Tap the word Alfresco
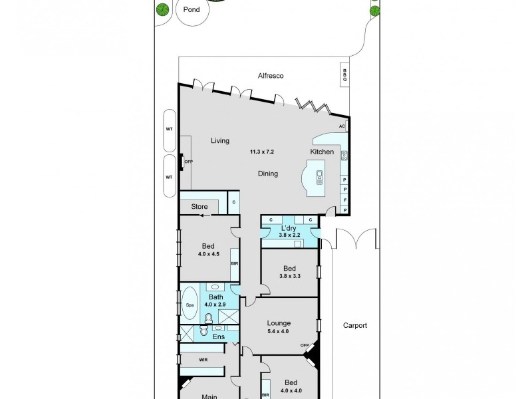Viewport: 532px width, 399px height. (x=271, y=76)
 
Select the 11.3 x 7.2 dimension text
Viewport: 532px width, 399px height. (x=261, y=152)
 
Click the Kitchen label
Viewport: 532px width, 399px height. (x=322, y=152)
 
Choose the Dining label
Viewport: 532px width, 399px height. (x=268, y=174)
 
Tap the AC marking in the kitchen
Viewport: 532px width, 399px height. (x=342, y=126)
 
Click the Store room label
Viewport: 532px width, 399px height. (x=199, y=207)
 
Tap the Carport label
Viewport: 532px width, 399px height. (x=355, y=326)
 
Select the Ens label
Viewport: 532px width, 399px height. (x=218, y=336)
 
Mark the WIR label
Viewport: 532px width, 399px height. (x=203, y=359)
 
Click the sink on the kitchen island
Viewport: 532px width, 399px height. (x=319, y=176)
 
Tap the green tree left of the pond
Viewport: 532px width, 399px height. (x=161, y=9)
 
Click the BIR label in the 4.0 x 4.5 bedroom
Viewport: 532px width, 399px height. (x=235, y=263)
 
